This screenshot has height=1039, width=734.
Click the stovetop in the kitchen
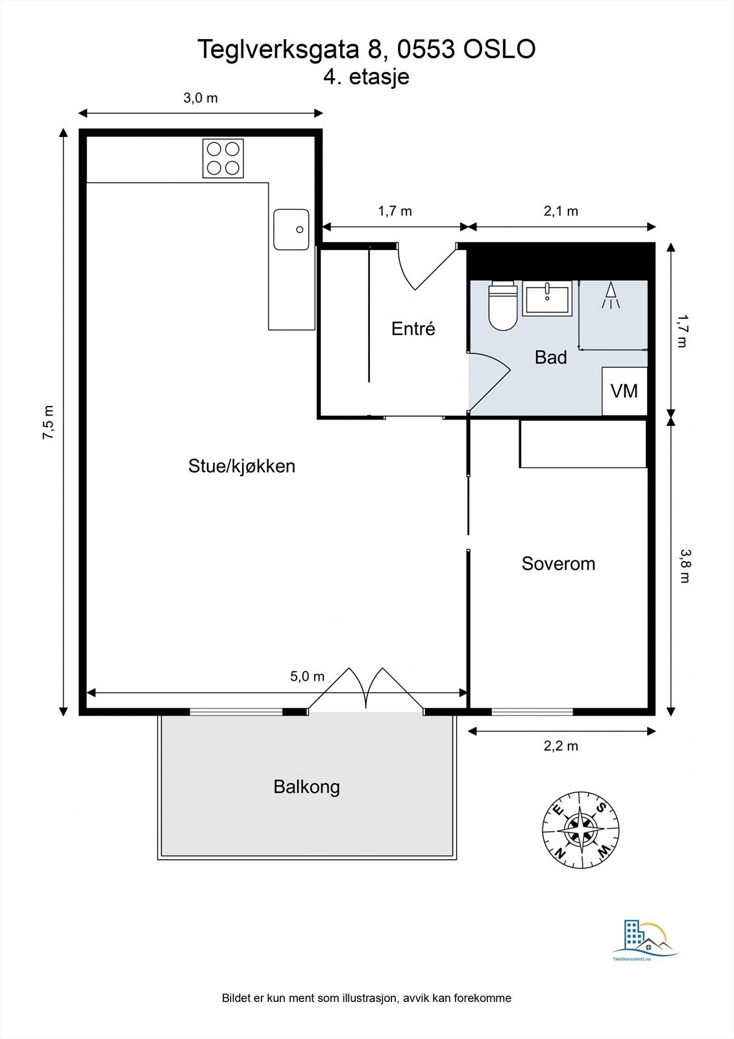point(223,158)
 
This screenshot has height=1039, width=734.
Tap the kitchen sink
point(291,230)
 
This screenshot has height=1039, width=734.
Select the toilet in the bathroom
point(503,306)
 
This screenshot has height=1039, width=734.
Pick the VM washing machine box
point(624,391)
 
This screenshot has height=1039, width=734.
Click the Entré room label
point(413,329)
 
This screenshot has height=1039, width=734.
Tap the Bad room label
point(551,357)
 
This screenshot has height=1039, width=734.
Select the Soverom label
point(558,564)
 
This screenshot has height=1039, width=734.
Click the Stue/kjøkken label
point(241,466)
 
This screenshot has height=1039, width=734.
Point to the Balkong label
point(306,786)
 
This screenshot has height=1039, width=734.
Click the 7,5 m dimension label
point(49,423)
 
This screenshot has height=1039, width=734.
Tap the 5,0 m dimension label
point(308,676)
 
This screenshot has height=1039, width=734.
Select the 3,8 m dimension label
point(685,566)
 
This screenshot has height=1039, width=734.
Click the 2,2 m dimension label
point(561,746)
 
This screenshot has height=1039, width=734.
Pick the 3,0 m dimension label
point(201,98)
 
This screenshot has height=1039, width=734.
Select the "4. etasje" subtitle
point(366,77)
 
